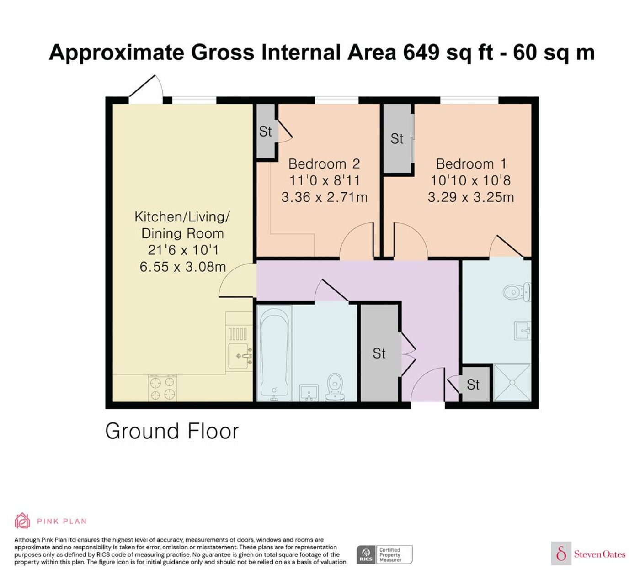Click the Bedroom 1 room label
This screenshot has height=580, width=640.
(471, 164)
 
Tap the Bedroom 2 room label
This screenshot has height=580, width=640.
(324, 164)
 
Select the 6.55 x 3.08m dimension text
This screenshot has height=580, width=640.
(183, 267)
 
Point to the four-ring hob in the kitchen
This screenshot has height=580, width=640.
(162, 387)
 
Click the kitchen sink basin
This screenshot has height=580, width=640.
(238, 356)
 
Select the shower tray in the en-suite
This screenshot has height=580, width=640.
(512, 382)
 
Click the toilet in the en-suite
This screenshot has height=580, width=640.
(517, 292)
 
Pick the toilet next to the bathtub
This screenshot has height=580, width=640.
(335, 387)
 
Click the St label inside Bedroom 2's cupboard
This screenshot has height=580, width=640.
(266, 132)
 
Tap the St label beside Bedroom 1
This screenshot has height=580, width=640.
(397, 139)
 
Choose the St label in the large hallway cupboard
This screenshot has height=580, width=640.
(379, 353)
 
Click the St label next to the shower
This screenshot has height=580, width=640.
(473, 385)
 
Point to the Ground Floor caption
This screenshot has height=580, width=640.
(172, 431)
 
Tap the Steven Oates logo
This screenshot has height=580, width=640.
(588, 554)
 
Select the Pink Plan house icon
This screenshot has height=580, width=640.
(22, 521)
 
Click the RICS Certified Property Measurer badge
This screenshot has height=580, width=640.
(384, 554)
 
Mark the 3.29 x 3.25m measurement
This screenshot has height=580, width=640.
(471, 197)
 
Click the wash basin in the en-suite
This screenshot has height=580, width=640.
(522, 331)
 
